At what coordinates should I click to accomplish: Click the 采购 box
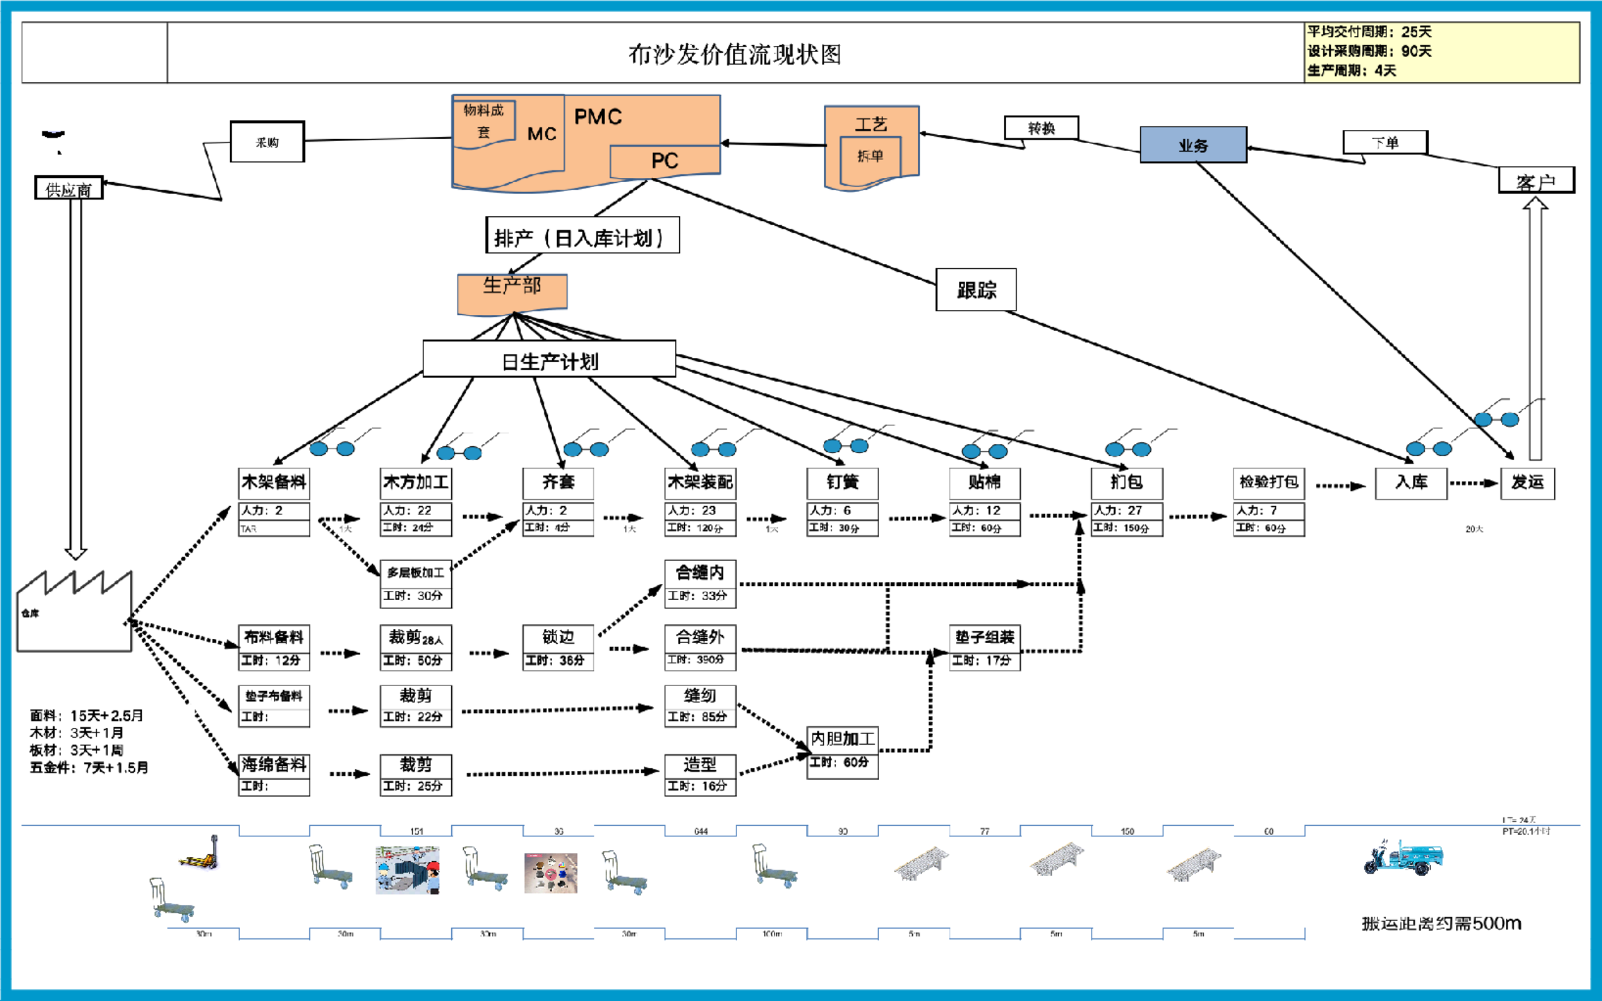point(267,143)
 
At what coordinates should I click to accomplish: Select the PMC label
point(598,117)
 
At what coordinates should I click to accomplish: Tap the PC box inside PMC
point(664,161)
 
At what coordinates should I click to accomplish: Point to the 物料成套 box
point(484,121)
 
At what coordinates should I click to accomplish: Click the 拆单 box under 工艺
point(870,157)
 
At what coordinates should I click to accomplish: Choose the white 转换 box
point(1041,128)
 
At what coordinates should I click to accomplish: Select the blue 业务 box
point(1192,145)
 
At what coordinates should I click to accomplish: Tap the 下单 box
point(1384,143)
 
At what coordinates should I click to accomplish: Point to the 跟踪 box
point(976,290)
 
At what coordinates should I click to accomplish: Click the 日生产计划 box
point(549,359)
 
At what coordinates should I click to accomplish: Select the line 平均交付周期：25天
point(1369,32)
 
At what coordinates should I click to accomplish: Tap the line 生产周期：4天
point(1352,70)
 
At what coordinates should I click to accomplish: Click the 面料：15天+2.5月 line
point(87,715)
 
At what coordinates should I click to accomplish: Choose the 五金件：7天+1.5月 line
point(89,767)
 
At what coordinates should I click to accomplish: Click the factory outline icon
point(74,612)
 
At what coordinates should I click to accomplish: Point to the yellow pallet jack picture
point(199,854)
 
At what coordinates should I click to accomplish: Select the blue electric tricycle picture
point(1402,858)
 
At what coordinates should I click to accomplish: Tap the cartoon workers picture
point(407,870)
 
